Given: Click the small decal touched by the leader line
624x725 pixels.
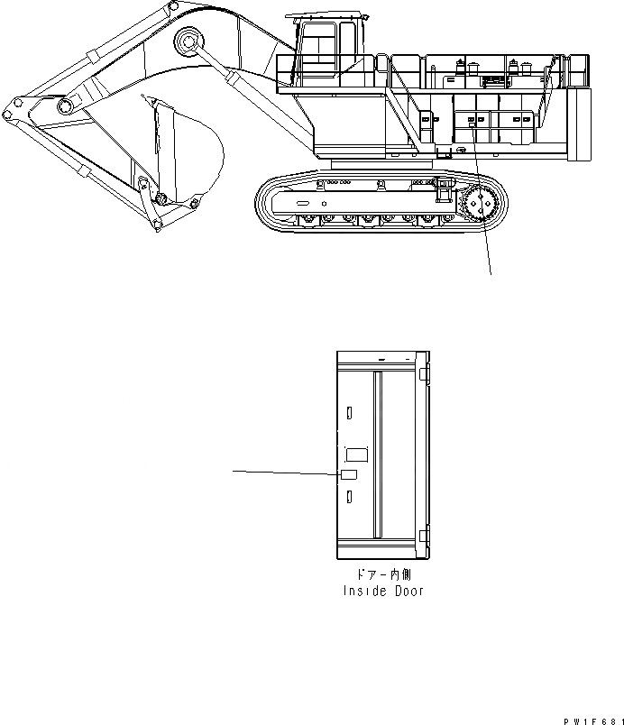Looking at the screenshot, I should pos(348,474).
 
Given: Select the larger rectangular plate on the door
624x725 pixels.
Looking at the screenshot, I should pos(358,455).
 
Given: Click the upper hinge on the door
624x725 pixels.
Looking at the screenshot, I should pos(424,371).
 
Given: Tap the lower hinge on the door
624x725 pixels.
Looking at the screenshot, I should pos(424,541).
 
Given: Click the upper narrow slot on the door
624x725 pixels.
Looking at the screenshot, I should pos(348,412).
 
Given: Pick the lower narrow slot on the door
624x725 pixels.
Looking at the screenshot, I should pos(348,497).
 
